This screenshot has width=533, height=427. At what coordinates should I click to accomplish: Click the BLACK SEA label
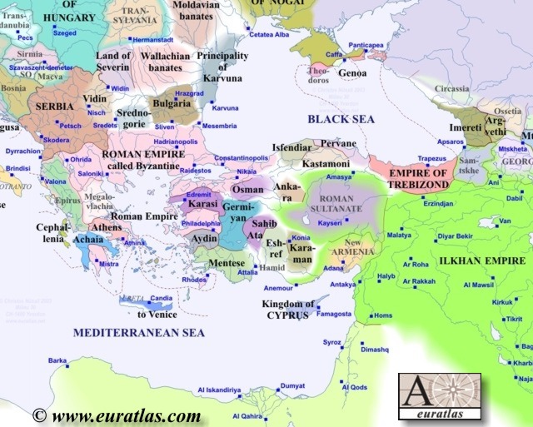[x=342, y=120]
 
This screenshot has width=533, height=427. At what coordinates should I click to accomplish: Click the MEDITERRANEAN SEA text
[x=138, y=332]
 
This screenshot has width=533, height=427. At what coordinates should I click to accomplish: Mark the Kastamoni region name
[x=326, y=165]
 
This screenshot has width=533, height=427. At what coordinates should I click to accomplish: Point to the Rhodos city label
[x=193, y=280]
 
